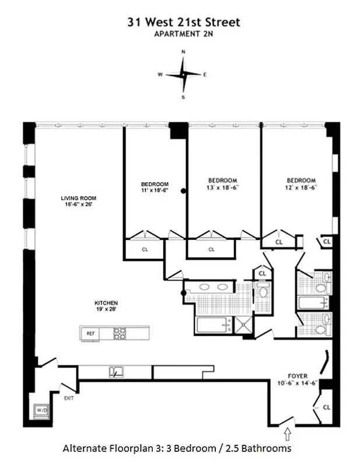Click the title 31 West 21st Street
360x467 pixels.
point(184,22)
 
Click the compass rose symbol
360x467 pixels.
point(183,75)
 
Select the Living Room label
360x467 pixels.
point(77,201)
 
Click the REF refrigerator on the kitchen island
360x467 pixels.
point(90,333)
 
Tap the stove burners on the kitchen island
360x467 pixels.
point(120,333)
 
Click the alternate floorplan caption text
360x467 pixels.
point(177,448)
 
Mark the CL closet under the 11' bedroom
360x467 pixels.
point(145,249)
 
